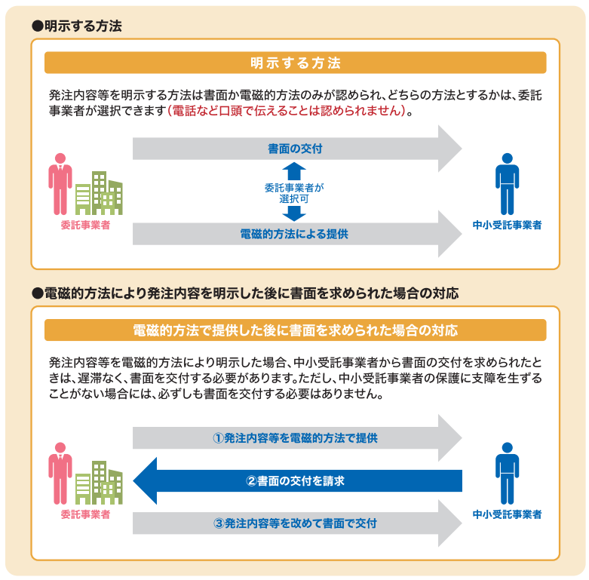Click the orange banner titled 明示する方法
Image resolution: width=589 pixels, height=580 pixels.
(295, 63)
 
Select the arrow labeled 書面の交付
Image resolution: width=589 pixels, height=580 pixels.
(295, 149)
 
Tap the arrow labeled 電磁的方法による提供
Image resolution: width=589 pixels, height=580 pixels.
(295, 234)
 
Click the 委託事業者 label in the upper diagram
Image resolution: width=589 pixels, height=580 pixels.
(85, 225)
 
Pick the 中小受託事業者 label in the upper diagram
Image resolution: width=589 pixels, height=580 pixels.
(507, 225)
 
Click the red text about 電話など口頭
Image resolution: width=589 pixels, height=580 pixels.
(290, 112)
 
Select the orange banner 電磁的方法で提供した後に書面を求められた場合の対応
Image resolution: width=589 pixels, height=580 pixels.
(295, 330)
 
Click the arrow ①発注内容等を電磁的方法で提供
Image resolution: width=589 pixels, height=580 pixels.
(295, 438)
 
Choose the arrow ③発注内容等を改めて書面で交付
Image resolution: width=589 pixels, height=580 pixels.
(295, 523)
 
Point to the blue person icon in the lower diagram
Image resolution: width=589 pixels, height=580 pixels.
(508, 473)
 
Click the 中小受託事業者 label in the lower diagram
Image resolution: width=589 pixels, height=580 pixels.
(507, 514)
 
